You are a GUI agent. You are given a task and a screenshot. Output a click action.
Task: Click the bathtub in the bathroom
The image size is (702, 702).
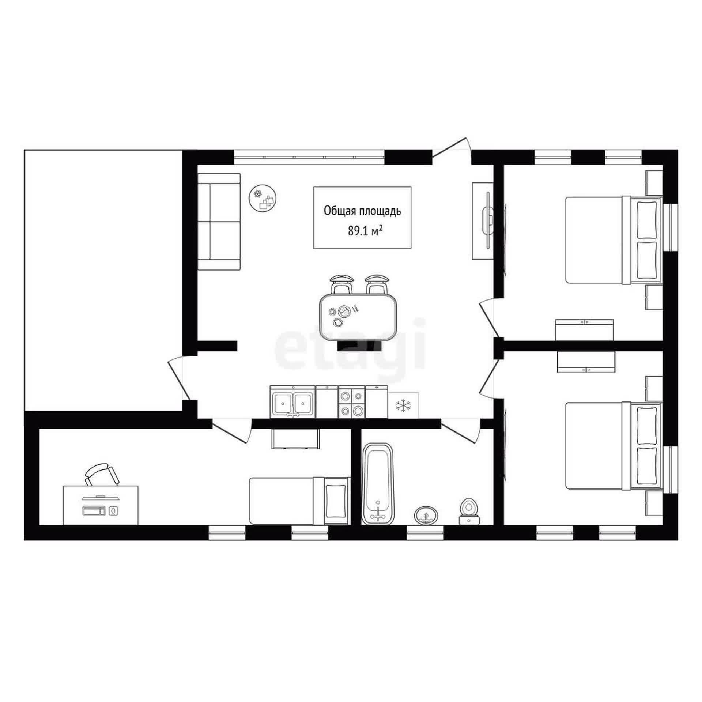[x=378, y=484]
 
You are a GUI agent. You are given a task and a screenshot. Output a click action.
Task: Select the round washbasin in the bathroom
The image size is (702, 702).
[x=426, y=516]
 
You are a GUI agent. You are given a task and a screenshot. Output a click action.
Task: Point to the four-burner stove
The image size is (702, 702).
[x=352, y=403]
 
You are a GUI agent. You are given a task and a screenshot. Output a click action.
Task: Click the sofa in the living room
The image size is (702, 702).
[x=219, y=222]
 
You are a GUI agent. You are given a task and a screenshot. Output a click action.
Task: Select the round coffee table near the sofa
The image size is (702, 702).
[x=263, y=197]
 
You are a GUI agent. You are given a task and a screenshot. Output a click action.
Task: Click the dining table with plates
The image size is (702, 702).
[x=358, y=317]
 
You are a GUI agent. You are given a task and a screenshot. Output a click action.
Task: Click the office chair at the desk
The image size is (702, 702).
[x=102, y=475]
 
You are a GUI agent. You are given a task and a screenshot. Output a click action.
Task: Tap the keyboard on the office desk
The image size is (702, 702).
[x=94, y=510]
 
